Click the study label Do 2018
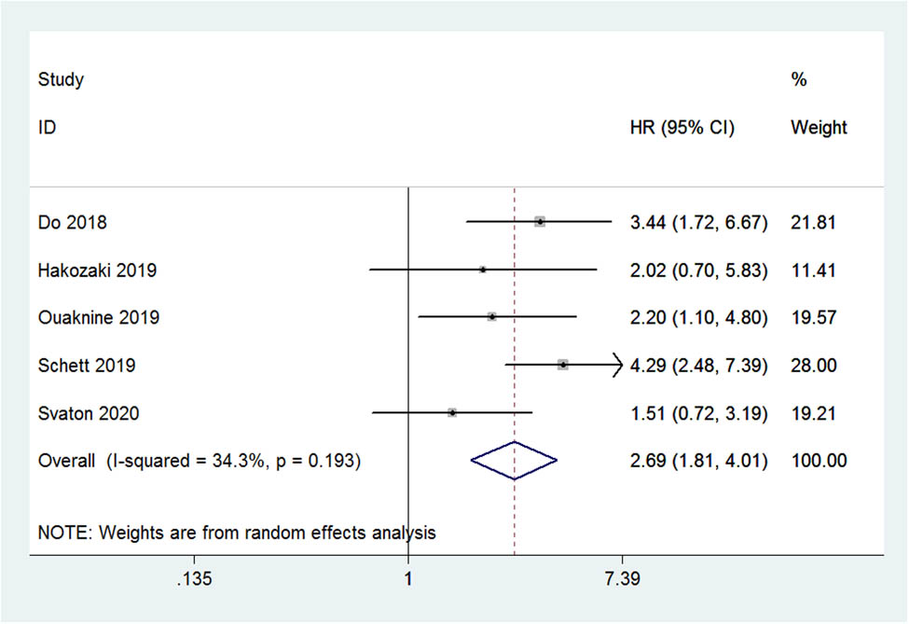point(72,223)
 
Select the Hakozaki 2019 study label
point(97,270)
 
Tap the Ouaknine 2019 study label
point(99,318)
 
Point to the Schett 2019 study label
point(86,366)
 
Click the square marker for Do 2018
point(540,222)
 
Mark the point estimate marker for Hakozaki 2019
point(483,270)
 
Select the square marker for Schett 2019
point(563,365)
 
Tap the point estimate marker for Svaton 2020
point(451,411)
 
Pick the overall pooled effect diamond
point(514,460)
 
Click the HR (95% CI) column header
point(682,128)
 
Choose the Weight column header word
point(819,128)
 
